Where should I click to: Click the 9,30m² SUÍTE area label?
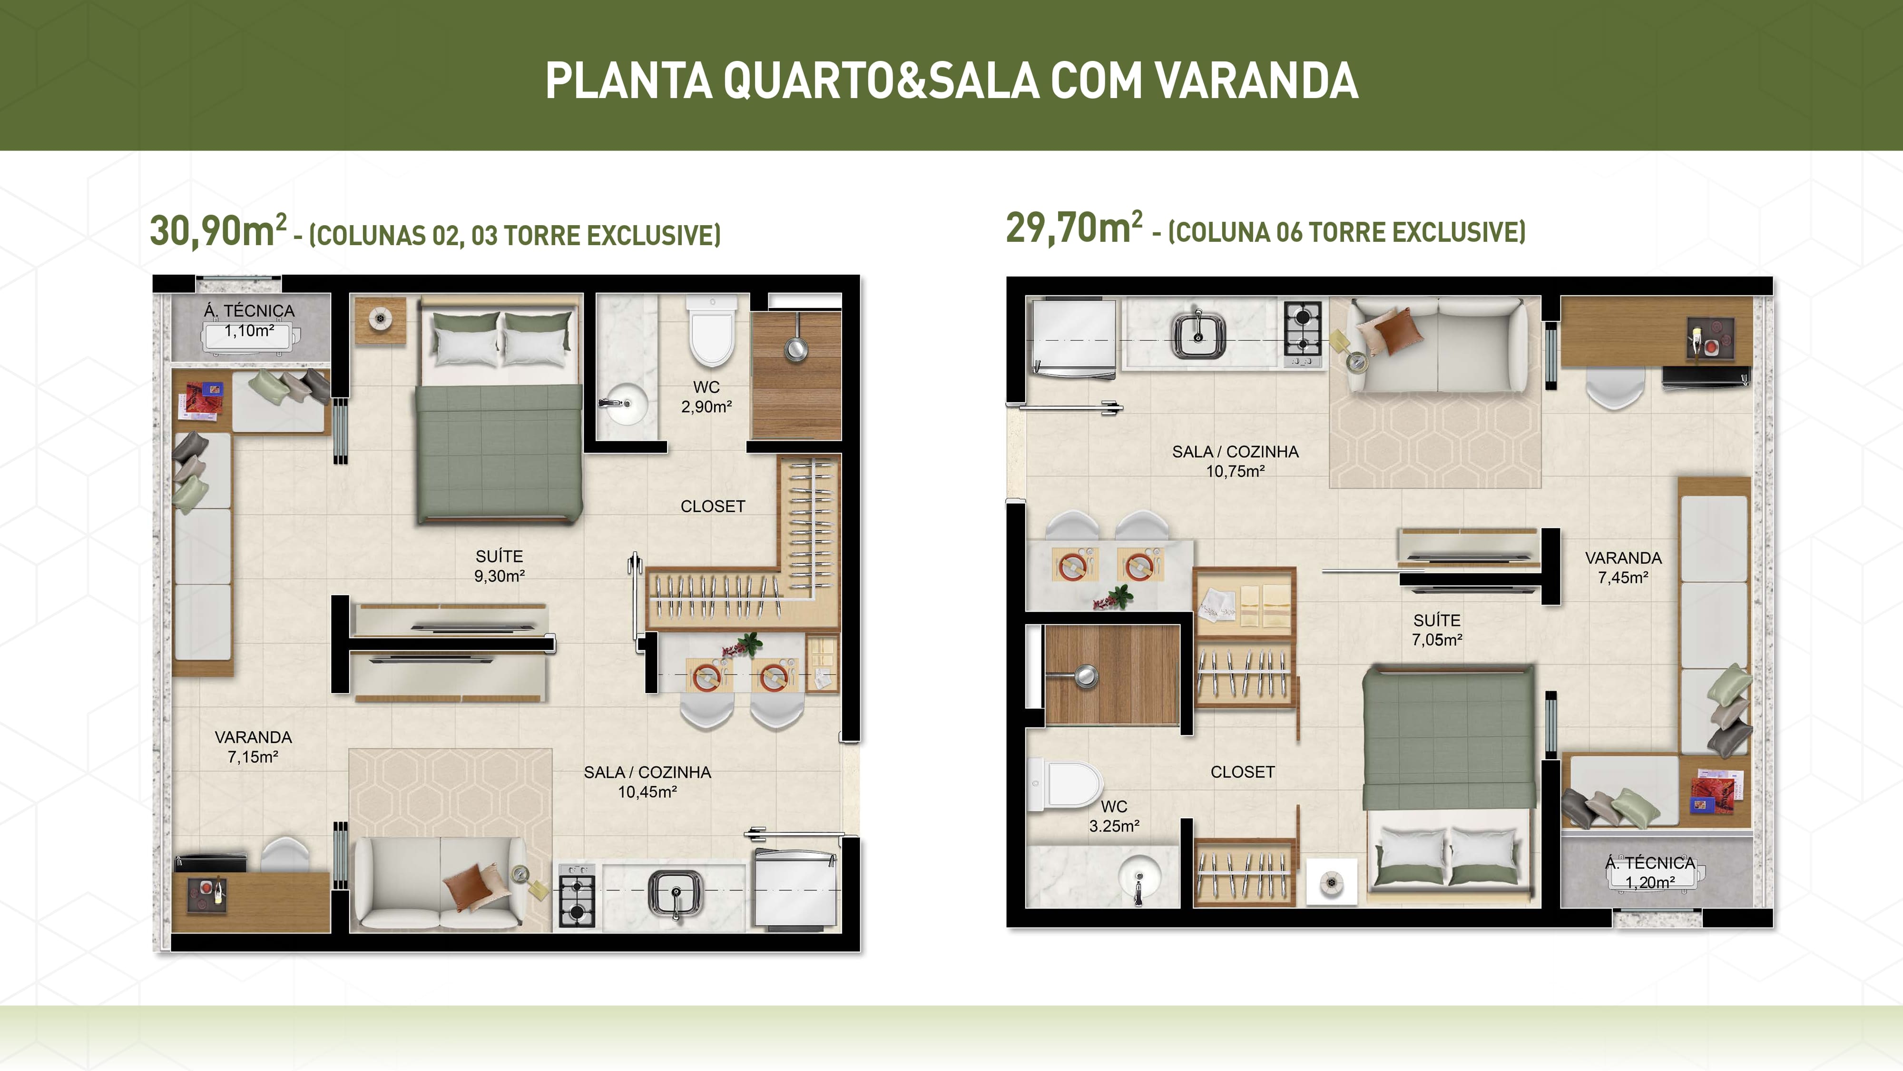click(x=500, y=566)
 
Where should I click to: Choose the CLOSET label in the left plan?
click(x=713, y=506)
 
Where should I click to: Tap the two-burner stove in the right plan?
click(x=1303, y=330)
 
